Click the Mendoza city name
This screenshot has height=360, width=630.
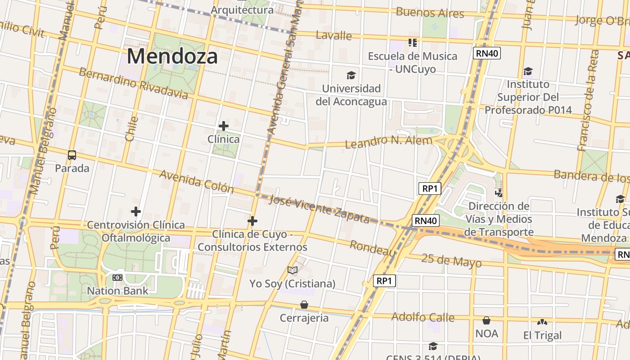(172, 57)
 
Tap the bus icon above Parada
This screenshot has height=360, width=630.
(72, 155)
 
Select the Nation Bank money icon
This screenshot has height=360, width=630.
(117, 278)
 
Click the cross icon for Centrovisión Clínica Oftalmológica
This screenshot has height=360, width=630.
(136, 211)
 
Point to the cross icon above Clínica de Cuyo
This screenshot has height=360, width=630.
(252, 221)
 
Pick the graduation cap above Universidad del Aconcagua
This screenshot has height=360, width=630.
(351, 75)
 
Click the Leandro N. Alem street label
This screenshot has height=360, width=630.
(388, 142)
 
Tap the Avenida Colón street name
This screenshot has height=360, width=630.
(197, 181)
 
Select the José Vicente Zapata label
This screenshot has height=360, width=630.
(319, 209)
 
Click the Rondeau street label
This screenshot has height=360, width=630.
(373, 248)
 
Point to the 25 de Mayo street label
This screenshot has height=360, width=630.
(451, 260)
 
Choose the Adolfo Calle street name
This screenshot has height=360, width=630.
(423, 317)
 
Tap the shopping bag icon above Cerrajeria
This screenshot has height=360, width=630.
(304, 305)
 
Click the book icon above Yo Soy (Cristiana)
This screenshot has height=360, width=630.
(292, 270)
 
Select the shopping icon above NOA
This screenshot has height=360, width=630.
(486, 320)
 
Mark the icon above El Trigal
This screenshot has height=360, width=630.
(542, 322)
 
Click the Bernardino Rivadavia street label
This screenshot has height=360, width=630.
(133, 83)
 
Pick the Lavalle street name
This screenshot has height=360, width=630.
(334, 35)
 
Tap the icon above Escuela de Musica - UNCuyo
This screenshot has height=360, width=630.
(413, 43)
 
